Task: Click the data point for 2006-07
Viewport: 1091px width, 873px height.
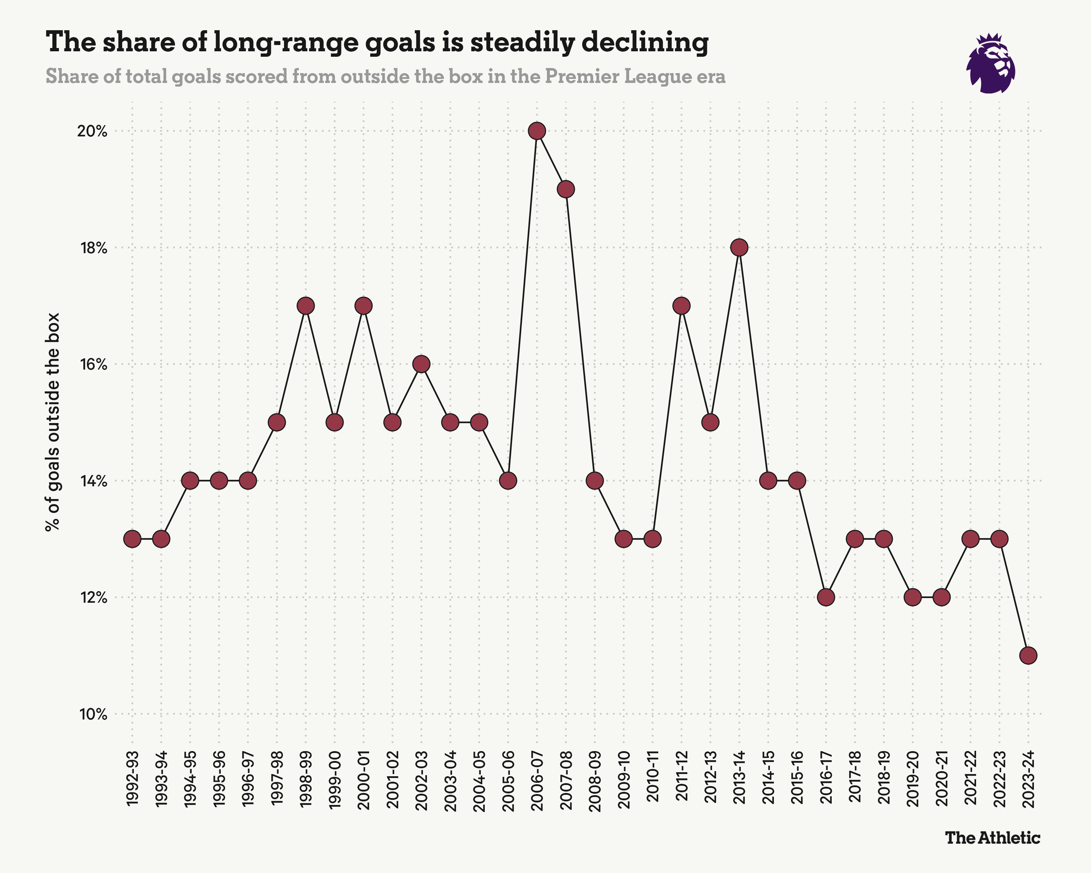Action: pos(537,131)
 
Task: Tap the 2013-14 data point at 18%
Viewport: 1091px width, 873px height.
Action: pos(739,247)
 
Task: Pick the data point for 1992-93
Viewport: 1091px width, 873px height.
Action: pos(132,539)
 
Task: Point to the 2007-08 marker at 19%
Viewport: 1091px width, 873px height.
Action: pos(566,189)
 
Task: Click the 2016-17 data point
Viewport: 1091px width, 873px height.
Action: pos(826,597)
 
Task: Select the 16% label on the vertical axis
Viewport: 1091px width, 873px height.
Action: pos(93,364)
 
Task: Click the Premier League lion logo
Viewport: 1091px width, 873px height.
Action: pos(991,64)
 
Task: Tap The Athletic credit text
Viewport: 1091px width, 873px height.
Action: pos(992,838)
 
